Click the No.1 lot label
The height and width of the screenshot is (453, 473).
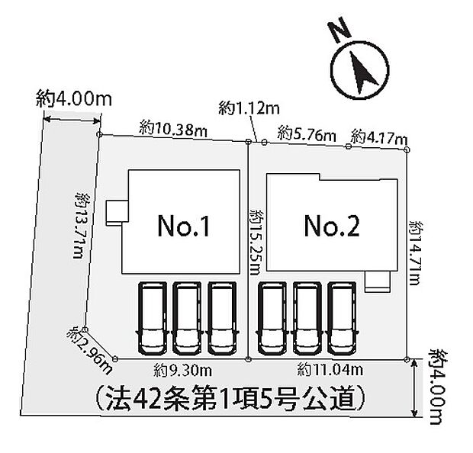(x=183, y=226)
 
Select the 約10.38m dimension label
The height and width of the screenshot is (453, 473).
(x=174, y=130)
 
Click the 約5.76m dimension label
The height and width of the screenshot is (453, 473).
(x=307, y=134)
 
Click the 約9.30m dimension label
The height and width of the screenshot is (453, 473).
(x=181, y=371)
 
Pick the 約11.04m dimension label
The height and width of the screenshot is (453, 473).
(x=328, y=371)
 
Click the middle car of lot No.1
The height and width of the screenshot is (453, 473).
(x=186, y=319)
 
